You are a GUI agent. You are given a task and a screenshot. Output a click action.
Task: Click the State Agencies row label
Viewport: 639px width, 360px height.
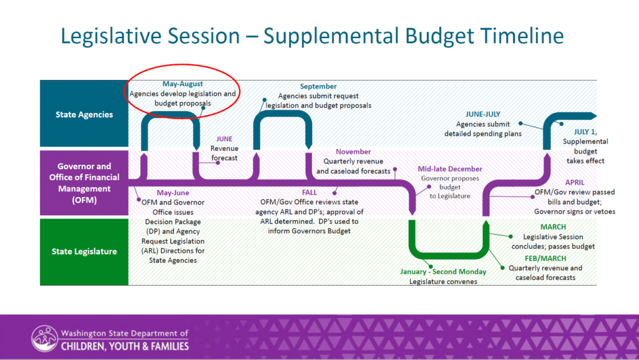tap(84, 114)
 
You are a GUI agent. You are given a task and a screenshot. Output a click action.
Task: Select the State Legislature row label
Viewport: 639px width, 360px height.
tap(84, 251)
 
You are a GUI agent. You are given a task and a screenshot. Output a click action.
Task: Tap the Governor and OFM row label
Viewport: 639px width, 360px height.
tap(84, 183)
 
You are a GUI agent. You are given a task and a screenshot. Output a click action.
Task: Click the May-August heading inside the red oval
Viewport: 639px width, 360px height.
tap(183, 84)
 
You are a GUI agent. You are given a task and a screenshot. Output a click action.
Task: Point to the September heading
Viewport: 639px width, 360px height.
tap(318, 86)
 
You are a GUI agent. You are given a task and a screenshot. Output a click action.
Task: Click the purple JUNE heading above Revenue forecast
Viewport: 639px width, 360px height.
tap(224, 139)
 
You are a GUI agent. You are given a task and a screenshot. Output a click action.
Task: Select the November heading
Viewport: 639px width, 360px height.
tap(353, 152)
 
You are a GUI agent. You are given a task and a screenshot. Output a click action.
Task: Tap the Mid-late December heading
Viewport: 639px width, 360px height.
tap(450, 168)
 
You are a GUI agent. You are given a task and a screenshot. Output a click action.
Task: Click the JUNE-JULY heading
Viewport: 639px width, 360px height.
tap(483, 114)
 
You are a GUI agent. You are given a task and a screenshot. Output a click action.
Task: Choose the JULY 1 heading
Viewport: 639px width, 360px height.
tap(585, 132)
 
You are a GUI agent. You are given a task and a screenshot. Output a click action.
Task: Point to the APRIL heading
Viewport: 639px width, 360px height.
tap(575, 182)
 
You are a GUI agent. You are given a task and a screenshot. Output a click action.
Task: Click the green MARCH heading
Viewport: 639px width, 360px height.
tap(553, 227)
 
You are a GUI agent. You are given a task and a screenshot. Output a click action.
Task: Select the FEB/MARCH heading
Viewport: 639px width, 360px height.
tap(545, 258)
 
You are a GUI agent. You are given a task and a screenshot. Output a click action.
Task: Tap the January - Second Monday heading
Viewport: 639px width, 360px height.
tap(443, 271)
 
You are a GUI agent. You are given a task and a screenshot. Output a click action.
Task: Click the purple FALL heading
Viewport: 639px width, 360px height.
tap(310, 192)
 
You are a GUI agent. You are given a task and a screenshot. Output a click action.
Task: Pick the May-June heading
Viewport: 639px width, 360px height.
tap(173, 193)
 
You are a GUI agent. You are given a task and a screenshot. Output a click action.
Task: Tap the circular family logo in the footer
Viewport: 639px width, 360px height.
tap(44, 338)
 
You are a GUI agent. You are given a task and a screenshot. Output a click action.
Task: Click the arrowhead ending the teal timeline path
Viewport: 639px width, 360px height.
tap(592, 116)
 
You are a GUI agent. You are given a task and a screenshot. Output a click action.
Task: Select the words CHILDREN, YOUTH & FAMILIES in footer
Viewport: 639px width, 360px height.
tap(125, 346)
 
